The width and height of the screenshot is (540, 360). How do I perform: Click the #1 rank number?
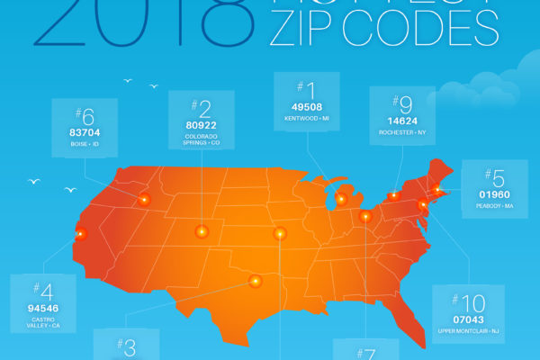coord(306,91)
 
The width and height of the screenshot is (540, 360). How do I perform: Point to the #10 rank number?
coord(468,301)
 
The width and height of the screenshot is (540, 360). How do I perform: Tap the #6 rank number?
coord(85,115)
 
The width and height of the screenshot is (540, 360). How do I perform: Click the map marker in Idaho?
coord(144,199)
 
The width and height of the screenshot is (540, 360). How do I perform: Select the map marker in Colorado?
coord(200,231)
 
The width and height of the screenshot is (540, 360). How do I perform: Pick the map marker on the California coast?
coord(80,233)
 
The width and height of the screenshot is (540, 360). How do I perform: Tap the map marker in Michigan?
coord(341,199)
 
